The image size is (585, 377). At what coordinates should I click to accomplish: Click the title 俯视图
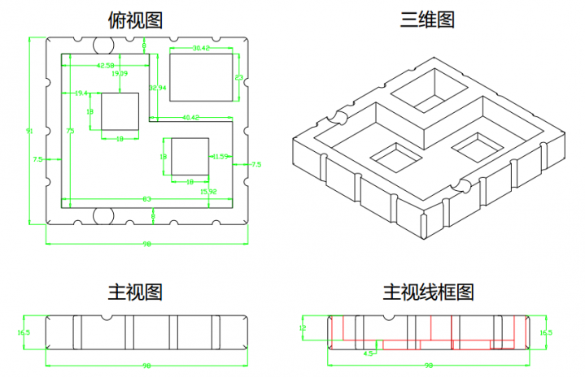tap(135, 19)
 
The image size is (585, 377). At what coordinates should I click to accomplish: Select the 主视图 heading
tap(135, 290)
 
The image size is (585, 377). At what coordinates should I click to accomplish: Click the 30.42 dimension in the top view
tap(201, 49)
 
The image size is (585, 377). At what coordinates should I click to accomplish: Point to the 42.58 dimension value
tap(105, 65)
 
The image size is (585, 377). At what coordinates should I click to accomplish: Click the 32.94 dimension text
tap(158, 87)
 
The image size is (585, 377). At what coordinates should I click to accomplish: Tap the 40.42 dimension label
tap(191, 118)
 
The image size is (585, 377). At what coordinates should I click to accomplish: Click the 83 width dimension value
tap(146, 199)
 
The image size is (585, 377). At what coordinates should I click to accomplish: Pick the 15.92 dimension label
tap(208, 191)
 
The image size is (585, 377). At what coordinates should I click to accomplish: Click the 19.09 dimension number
tap(120, 74)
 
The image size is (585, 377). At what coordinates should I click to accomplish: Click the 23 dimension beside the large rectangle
tap(238, 77)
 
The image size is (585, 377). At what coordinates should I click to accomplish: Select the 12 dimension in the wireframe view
tap(302, 328)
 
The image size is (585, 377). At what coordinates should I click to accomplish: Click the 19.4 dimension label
tap(81, 93)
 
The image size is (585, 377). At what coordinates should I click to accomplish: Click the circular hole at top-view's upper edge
tap(103, 44)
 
